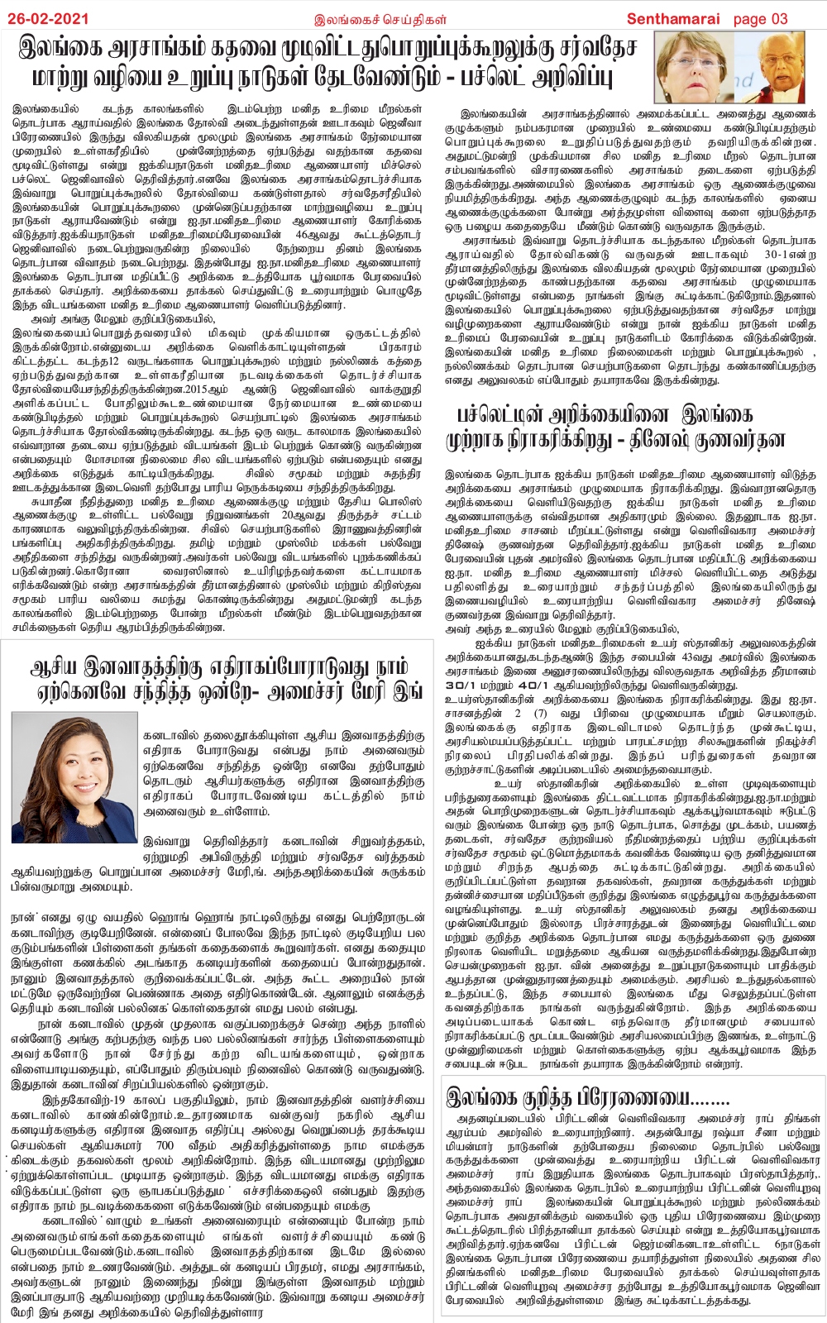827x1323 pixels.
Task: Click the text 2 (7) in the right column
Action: [x=529, y=714]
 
